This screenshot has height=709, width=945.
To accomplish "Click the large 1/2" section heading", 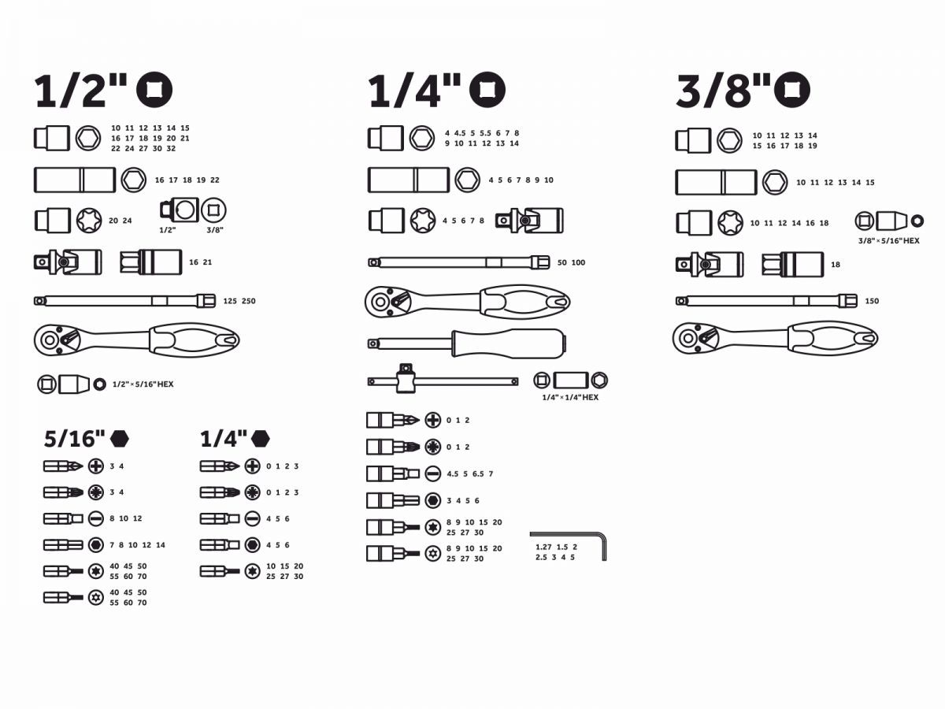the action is (x=80, y=91).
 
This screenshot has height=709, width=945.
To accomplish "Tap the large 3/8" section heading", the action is (x=723, y=91).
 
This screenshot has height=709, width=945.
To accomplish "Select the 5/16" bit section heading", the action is (x=75, y=439).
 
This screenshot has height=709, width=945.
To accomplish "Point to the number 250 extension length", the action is (x=248, y=302).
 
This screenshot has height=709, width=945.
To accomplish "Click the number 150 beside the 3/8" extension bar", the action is (x=872, y=302).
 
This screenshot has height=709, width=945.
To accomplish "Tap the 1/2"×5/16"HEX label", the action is (x=143, y=384).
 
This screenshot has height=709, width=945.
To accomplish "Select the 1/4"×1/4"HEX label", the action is (x=570, y=397).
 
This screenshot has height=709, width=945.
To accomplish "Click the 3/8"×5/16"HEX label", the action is (x=888, y=241).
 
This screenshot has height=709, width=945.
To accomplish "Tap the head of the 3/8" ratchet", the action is (x=693, y=339).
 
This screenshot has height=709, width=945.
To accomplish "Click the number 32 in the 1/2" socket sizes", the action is (x=171, y=149).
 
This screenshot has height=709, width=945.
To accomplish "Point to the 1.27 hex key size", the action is (x=543, y=548).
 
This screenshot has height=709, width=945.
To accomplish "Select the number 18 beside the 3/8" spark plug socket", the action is (x=836, y=265).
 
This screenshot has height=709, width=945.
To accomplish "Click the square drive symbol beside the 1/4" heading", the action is (x=487, y=90).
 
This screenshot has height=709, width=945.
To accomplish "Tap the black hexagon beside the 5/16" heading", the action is (x=120, y=439).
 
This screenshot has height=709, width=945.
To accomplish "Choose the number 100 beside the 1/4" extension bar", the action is (x=578, y=262).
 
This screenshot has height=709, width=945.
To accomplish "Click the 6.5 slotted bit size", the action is (x=478, y=474).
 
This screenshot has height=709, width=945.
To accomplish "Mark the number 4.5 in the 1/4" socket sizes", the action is (x=460, y=133).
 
